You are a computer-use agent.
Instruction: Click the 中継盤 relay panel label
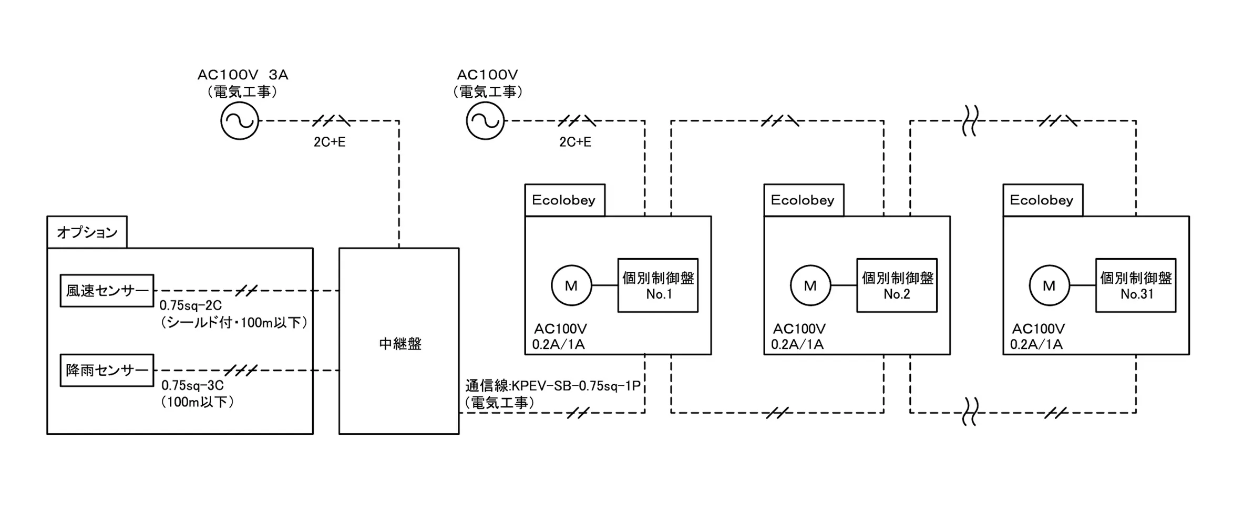tap(400, 344)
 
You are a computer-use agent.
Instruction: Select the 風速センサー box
tap(107, 291)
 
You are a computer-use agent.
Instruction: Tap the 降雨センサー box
tap(107, 370)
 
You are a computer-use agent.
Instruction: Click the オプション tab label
tap(87, 232)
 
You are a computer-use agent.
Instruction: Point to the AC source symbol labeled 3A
tap(239, 121)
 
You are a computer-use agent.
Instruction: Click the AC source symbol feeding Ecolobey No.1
tap(485, 121)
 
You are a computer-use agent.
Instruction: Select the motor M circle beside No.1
tap(571, 285)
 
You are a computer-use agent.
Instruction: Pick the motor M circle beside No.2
tap(810, 285)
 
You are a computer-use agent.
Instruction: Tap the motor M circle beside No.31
tap(1049, 285)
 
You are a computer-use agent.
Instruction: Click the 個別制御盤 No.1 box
tap(657, 285)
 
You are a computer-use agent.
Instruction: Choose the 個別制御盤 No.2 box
tap(897, 285)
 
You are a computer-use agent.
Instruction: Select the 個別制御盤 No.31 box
tap(1135, 285)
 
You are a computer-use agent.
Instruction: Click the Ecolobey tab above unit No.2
tap(803, 200)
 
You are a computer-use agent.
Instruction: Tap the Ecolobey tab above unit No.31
tap(1042, 200)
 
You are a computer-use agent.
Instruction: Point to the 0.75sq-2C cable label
tap(191, 305)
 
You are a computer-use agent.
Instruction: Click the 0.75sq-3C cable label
tap(192, 385)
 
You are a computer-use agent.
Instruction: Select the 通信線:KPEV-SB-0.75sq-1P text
tap(553, 386)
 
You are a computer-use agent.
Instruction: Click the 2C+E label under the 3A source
tap(330, 142)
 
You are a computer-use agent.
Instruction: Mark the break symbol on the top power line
tap(970, 121)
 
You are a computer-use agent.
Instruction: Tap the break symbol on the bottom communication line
tap(970, 412)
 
